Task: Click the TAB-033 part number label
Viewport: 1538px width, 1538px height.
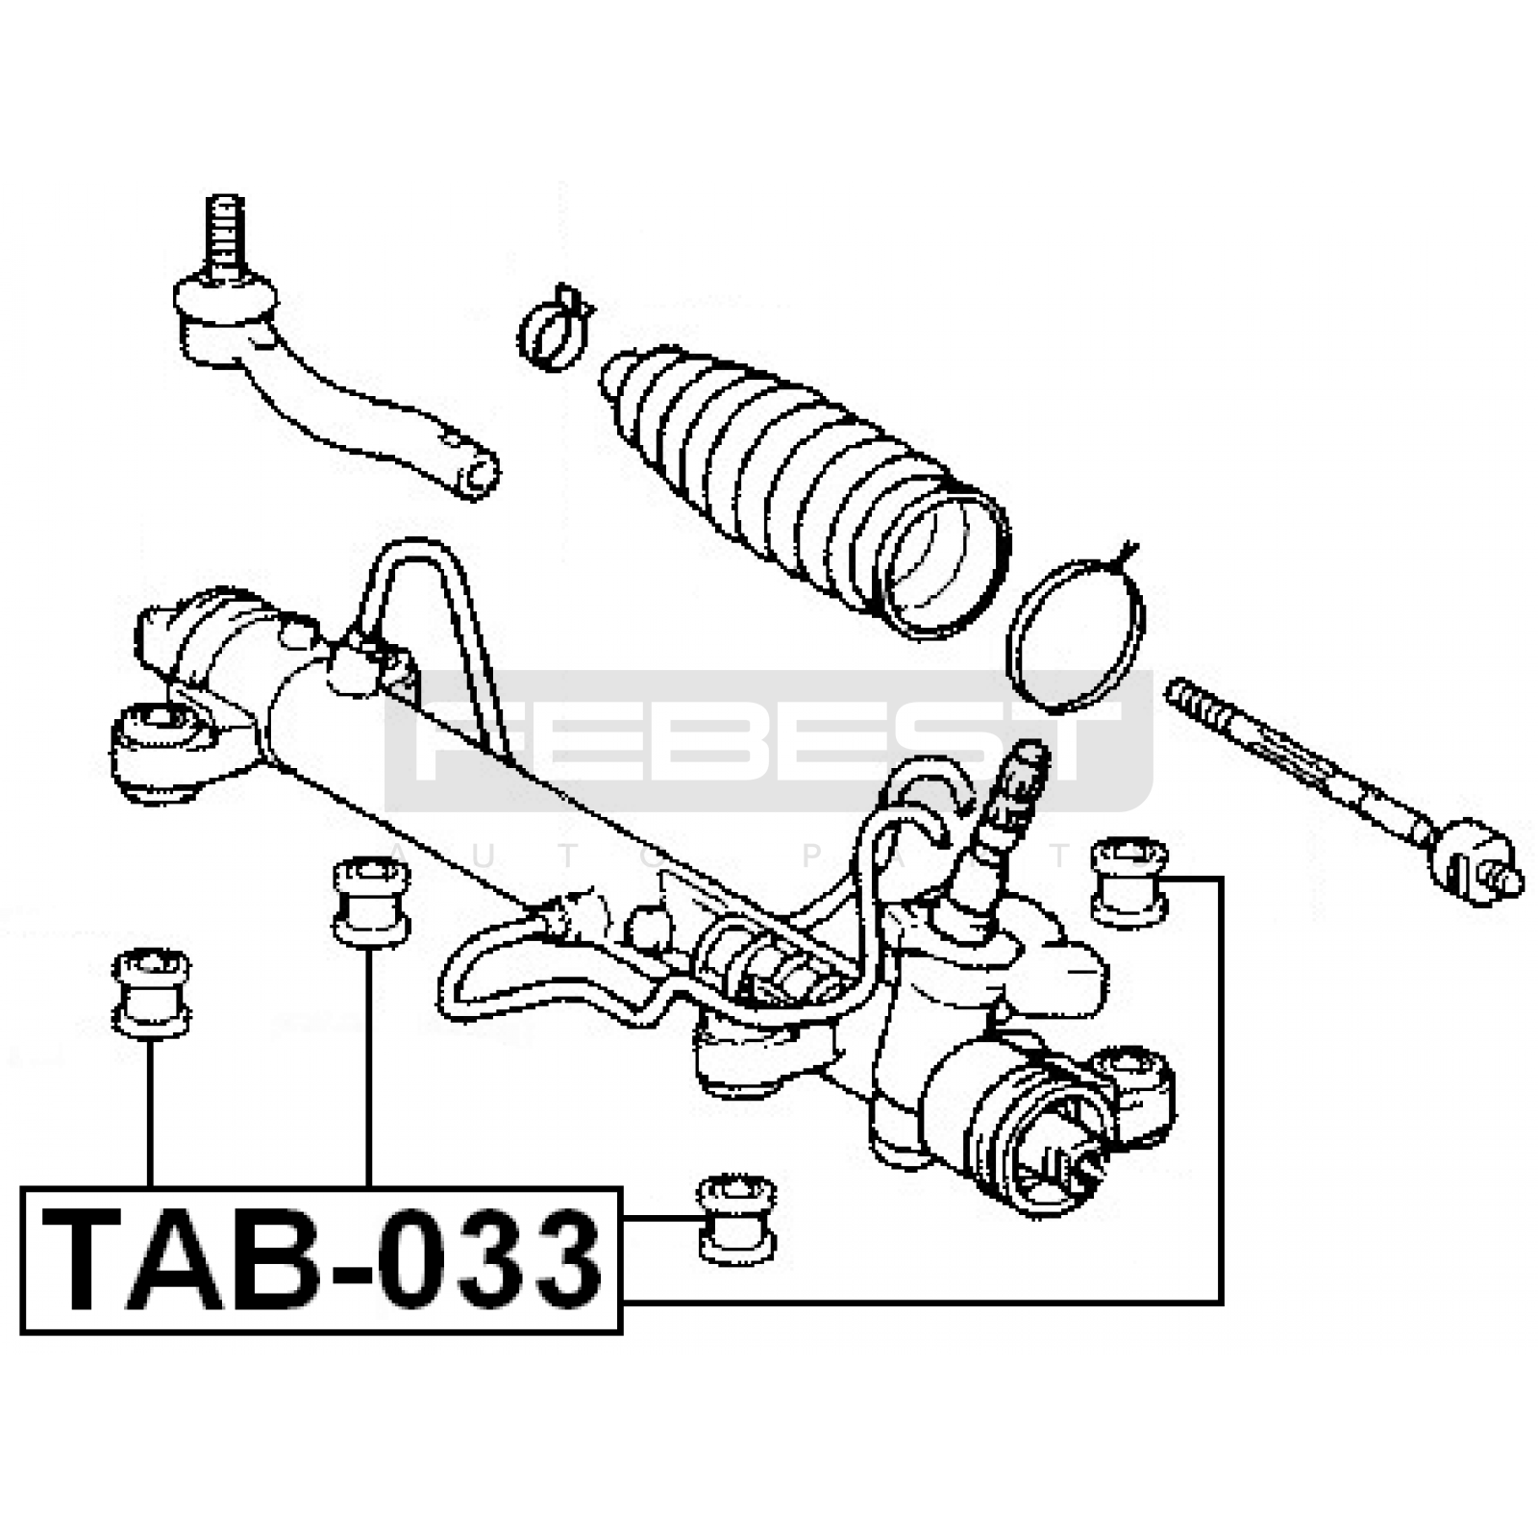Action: (x=321, y=1260)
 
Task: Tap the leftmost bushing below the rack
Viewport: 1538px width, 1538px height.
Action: (x=151, y=994)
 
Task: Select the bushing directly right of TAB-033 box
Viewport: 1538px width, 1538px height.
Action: (x=736, y=1218)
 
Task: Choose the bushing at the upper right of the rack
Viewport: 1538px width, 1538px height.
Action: (x=1129, y=881)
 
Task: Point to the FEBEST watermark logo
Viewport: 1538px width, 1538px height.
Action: (x=769, y=741)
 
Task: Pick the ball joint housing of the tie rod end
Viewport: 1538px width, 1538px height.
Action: (x=225, y=317)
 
